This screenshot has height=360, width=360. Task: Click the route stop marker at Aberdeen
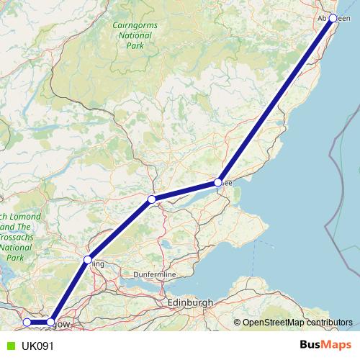click(333, 18)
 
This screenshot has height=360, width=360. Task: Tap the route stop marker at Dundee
click(218, 183)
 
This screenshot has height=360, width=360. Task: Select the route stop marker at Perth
click(151, 199)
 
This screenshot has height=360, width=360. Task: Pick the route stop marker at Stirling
click(88, 259)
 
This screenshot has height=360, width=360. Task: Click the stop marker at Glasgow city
click(51, 322)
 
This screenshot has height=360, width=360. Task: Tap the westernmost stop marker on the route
click(27, 322)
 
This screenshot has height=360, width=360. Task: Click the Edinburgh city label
click(189, 303)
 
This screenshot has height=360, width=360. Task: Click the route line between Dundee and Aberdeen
click(276, 100)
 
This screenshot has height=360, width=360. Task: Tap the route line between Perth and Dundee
click(185, 191)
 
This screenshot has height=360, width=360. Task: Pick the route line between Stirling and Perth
click(120, 229)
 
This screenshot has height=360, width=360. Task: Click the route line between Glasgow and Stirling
click(70, 290)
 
